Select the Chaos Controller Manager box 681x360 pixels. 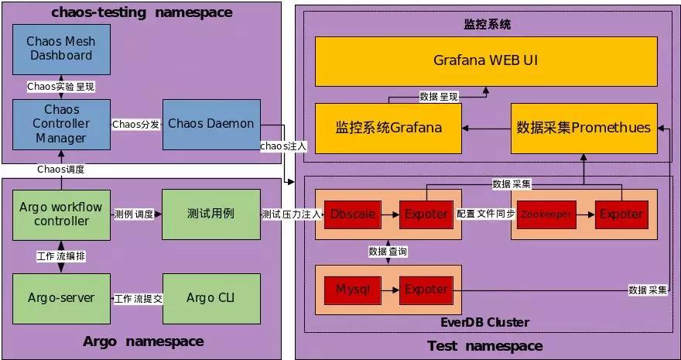[61, 123]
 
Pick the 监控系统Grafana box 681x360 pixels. [388, 128]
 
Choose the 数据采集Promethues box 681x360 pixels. [583, 128]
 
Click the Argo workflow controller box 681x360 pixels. [61, 214]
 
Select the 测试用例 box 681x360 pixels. [210, 214]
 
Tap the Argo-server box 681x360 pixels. [61, 297]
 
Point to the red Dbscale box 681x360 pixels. [353, 214]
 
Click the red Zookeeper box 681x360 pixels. [546, 214]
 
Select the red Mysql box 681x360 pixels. [353, 290]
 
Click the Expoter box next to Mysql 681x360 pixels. [426, 290]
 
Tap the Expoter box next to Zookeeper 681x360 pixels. [621, 214]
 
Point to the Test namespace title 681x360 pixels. [484, 345]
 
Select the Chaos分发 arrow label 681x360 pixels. [136, 124]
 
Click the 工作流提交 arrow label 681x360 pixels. [138, 298]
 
